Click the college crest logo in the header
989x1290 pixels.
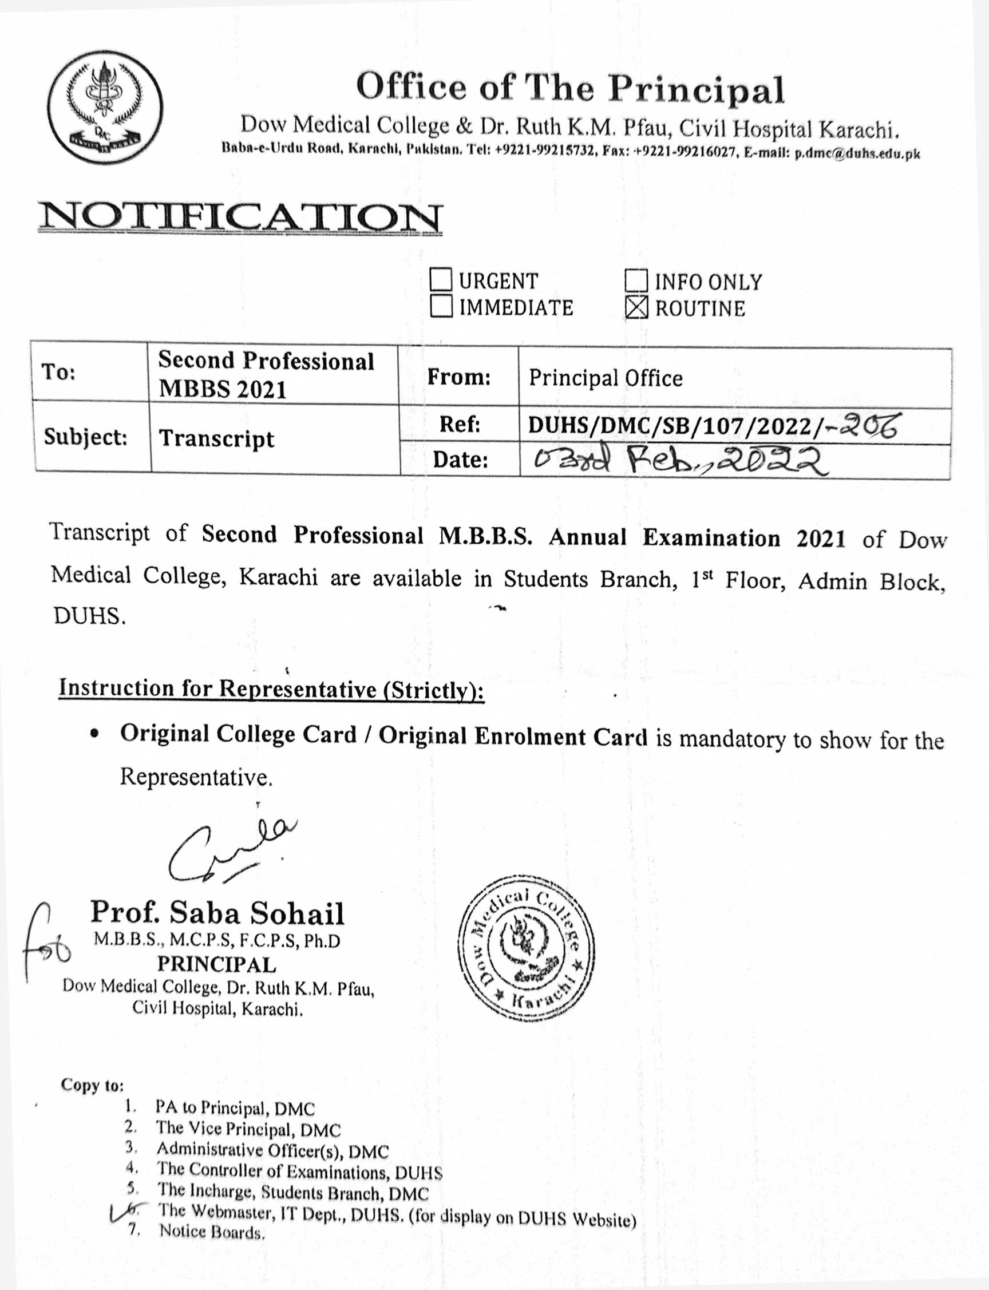105,107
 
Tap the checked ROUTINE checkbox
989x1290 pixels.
636,307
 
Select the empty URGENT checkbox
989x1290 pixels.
441,279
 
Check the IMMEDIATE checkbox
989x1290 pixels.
441,306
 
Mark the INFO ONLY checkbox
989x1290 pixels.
636,280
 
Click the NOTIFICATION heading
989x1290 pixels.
240,217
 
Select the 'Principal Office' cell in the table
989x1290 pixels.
606,378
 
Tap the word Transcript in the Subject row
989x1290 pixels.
217,438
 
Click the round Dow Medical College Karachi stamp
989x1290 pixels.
526,948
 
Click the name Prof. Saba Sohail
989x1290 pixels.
217,913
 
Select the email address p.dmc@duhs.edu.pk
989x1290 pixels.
857,154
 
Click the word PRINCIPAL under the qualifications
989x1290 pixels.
217,964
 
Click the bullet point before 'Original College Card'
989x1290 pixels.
94,735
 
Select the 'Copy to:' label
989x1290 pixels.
92,1085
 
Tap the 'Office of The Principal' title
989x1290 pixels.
570,88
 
